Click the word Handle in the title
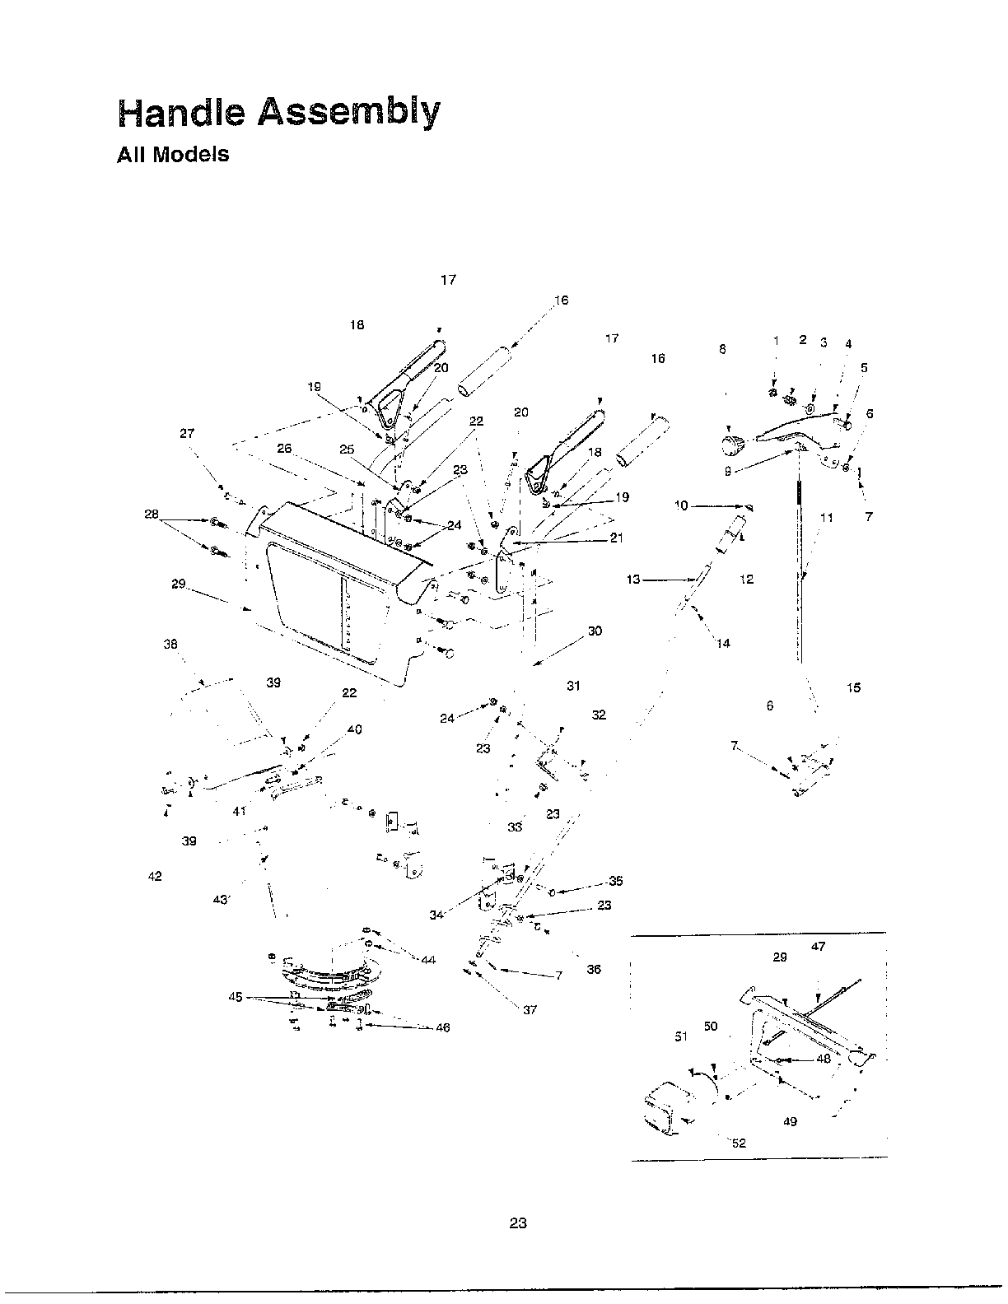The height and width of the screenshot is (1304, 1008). coord(181,113)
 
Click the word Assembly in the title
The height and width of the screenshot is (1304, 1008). coord(349,113)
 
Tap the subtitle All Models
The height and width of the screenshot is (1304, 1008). coord(173,155)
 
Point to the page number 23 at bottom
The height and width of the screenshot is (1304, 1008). coord(517,1222)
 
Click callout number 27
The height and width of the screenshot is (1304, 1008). coord(187,433)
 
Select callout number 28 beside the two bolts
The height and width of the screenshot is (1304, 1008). coord(152,515)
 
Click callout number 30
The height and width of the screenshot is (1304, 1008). coord(595,631)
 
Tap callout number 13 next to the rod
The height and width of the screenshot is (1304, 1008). coord(632,580)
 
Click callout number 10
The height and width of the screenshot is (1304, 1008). coord(681,505)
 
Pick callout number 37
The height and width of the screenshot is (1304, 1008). coord(530,1009)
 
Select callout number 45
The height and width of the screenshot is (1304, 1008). coord(236,997)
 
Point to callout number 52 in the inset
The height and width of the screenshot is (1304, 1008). coord(739,1143)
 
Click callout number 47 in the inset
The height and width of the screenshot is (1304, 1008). coord(818,947)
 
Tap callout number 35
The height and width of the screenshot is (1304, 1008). coord(615,881)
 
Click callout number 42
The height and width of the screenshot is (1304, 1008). coord(155,876)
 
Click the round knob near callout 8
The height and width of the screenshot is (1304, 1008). coord(730,445)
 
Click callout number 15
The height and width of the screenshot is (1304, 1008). coord(853,687)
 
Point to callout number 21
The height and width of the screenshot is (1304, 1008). coord(616,538)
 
